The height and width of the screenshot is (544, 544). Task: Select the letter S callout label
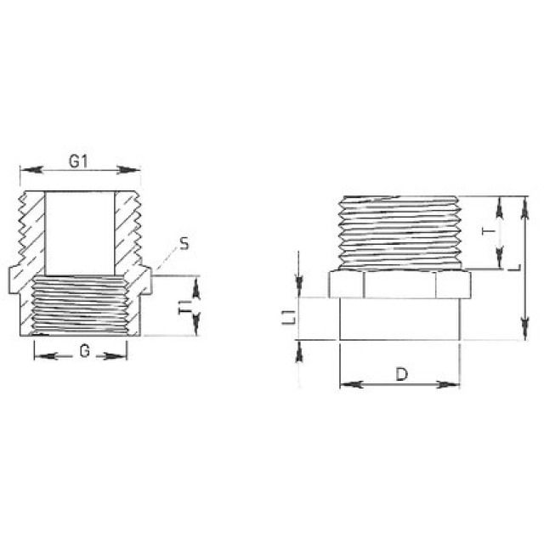[x=184, y=245]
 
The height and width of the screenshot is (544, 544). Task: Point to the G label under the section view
[x=82, y=351]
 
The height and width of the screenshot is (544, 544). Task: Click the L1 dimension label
[x=289, y=319]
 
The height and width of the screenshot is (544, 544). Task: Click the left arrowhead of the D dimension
[x=345, y=385]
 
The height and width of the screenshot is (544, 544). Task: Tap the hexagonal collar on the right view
[x=399, y=284]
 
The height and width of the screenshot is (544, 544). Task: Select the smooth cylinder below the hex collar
[x=399, y=320]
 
